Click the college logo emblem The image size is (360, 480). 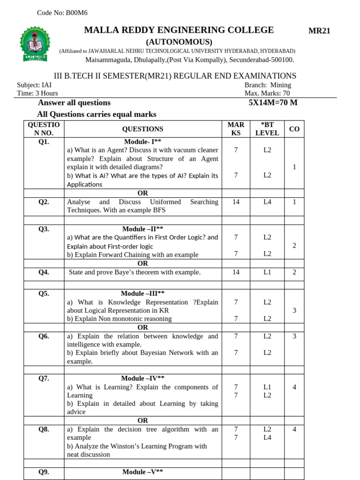(34, 45)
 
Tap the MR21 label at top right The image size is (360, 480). (319, 31)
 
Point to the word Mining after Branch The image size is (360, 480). (280, 85)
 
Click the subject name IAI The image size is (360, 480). (46, 85)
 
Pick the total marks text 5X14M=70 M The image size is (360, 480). (273, 103)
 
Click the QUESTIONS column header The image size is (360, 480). (142, 129)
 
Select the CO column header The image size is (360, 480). (294, 129)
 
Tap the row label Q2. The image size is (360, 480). (44, 202)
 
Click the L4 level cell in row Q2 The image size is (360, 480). (267, 202)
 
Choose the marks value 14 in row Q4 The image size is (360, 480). (236, 272)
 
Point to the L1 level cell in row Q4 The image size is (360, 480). (267, 272)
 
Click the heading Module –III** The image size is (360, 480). (142, 293)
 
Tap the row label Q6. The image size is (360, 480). (44, 336)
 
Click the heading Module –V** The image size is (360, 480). (142, 472)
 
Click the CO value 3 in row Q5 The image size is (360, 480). (294, 310)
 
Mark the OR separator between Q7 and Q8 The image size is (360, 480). (142, 420)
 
